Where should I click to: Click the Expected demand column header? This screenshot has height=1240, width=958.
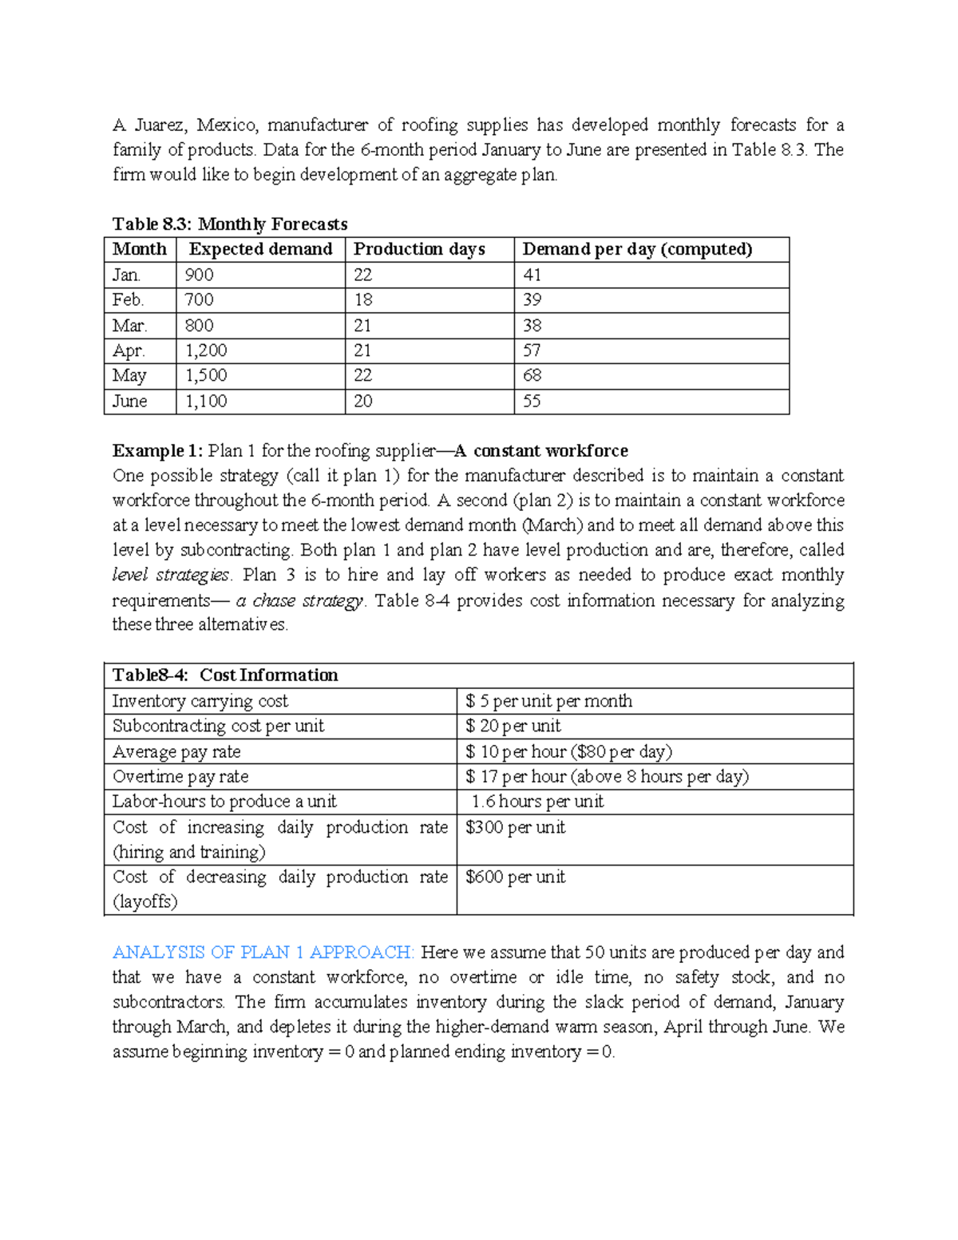click(x=260, y=249)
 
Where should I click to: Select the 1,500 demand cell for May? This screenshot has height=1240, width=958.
click(x=206, y=375)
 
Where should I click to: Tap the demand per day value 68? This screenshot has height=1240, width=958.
click(x=532, y=375)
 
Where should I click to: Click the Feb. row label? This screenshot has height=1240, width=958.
click(x=128, y=299)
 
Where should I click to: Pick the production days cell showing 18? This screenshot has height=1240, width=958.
click(x=363, y=299)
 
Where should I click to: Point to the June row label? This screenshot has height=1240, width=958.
click(x=129, y=401)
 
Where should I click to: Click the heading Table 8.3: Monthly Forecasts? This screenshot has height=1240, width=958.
click(x=230, y=224)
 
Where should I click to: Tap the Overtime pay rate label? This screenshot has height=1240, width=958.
click(x=180, y=776)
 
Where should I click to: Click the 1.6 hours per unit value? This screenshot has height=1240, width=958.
click(x=536, y=801)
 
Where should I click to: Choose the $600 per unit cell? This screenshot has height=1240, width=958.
click(x=515, y=877)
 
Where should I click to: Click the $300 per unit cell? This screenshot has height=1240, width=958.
click(x=515, y=827)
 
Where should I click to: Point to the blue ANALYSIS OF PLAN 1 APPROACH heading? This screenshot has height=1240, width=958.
click(x=263, y=952)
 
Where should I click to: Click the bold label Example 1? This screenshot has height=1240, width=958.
click(x=157, y=450)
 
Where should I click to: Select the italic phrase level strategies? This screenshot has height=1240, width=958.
click(x=171, y=575)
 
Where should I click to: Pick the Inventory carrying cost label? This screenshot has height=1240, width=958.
click(x=200, y=701)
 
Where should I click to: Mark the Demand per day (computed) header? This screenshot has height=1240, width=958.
click(x=637, y=249)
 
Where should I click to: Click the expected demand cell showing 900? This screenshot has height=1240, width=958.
click(x=199, y=275)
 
